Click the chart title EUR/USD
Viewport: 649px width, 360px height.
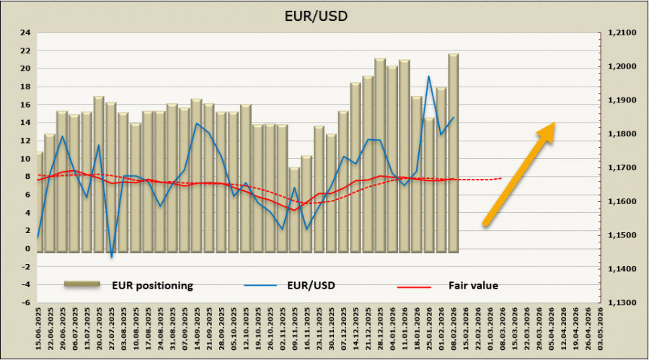coord(324,14)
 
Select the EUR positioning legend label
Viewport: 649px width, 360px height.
coord(151,285)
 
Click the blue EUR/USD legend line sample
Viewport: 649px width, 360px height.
coord(260,286)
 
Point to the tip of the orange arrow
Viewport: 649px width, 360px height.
coord(554,124)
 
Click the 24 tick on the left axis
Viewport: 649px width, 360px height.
coord(25,32)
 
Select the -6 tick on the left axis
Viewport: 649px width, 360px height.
coord(25,303)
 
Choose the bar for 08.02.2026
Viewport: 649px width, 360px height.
coord(453,153)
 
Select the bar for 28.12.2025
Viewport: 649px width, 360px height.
coord(380,155)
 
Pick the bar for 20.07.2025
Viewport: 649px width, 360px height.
coord(99,173)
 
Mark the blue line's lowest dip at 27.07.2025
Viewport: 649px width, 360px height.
coord(112,257)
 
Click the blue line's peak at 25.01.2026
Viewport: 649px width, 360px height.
coord(429,76)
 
